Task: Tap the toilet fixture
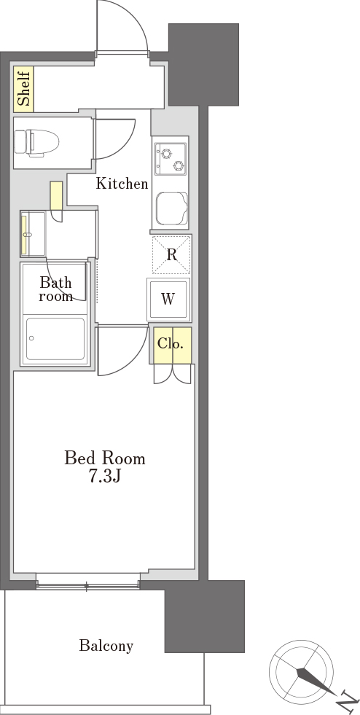pyautogui.click(x=37, y=142)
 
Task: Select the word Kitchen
pyautogui.click(x=122, y=184)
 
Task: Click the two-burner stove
pyautogui.click(x=171, y=159)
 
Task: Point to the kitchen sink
pyautogui.click(x=172, y=209)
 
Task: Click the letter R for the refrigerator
pyautogui.click(x=171, y=255)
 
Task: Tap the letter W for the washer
pyautogui.click(x=168, y=299)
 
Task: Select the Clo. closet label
pyautogui.click(x=171, y=343)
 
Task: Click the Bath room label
pyautogui.click(x=55, y=289)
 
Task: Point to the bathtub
pyautogui.click(x=55, y=339)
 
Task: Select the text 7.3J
pyautogui.click(x=104, y=476)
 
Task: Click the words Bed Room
pyautogui.click(x=105, y=458)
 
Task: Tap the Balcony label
pyautogui.click(x=106, y=646)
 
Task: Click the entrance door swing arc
pyautogui.click(x=137, y=17)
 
